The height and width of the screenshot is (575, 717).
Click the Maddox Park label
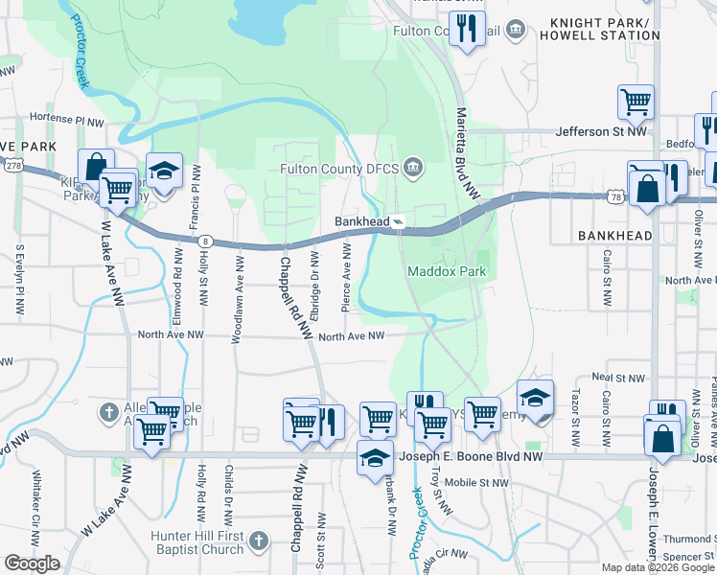point(447,271)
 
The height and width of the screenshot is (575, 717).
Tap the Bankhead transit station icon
point(398,221)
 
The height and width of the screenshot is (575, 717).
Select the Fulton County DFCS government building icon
point(413,169)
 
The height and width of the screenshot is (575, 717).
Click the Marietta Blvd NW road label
point(467,134)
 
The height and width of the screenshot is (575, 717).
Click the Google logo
point(32,563)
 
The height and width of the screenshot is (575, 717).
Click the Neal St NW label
point(615,377)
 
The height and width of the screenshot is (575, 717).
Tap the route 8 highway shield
point(205,242)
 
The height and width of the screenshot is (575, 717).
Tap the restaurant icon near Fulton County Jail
point(468,29)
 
